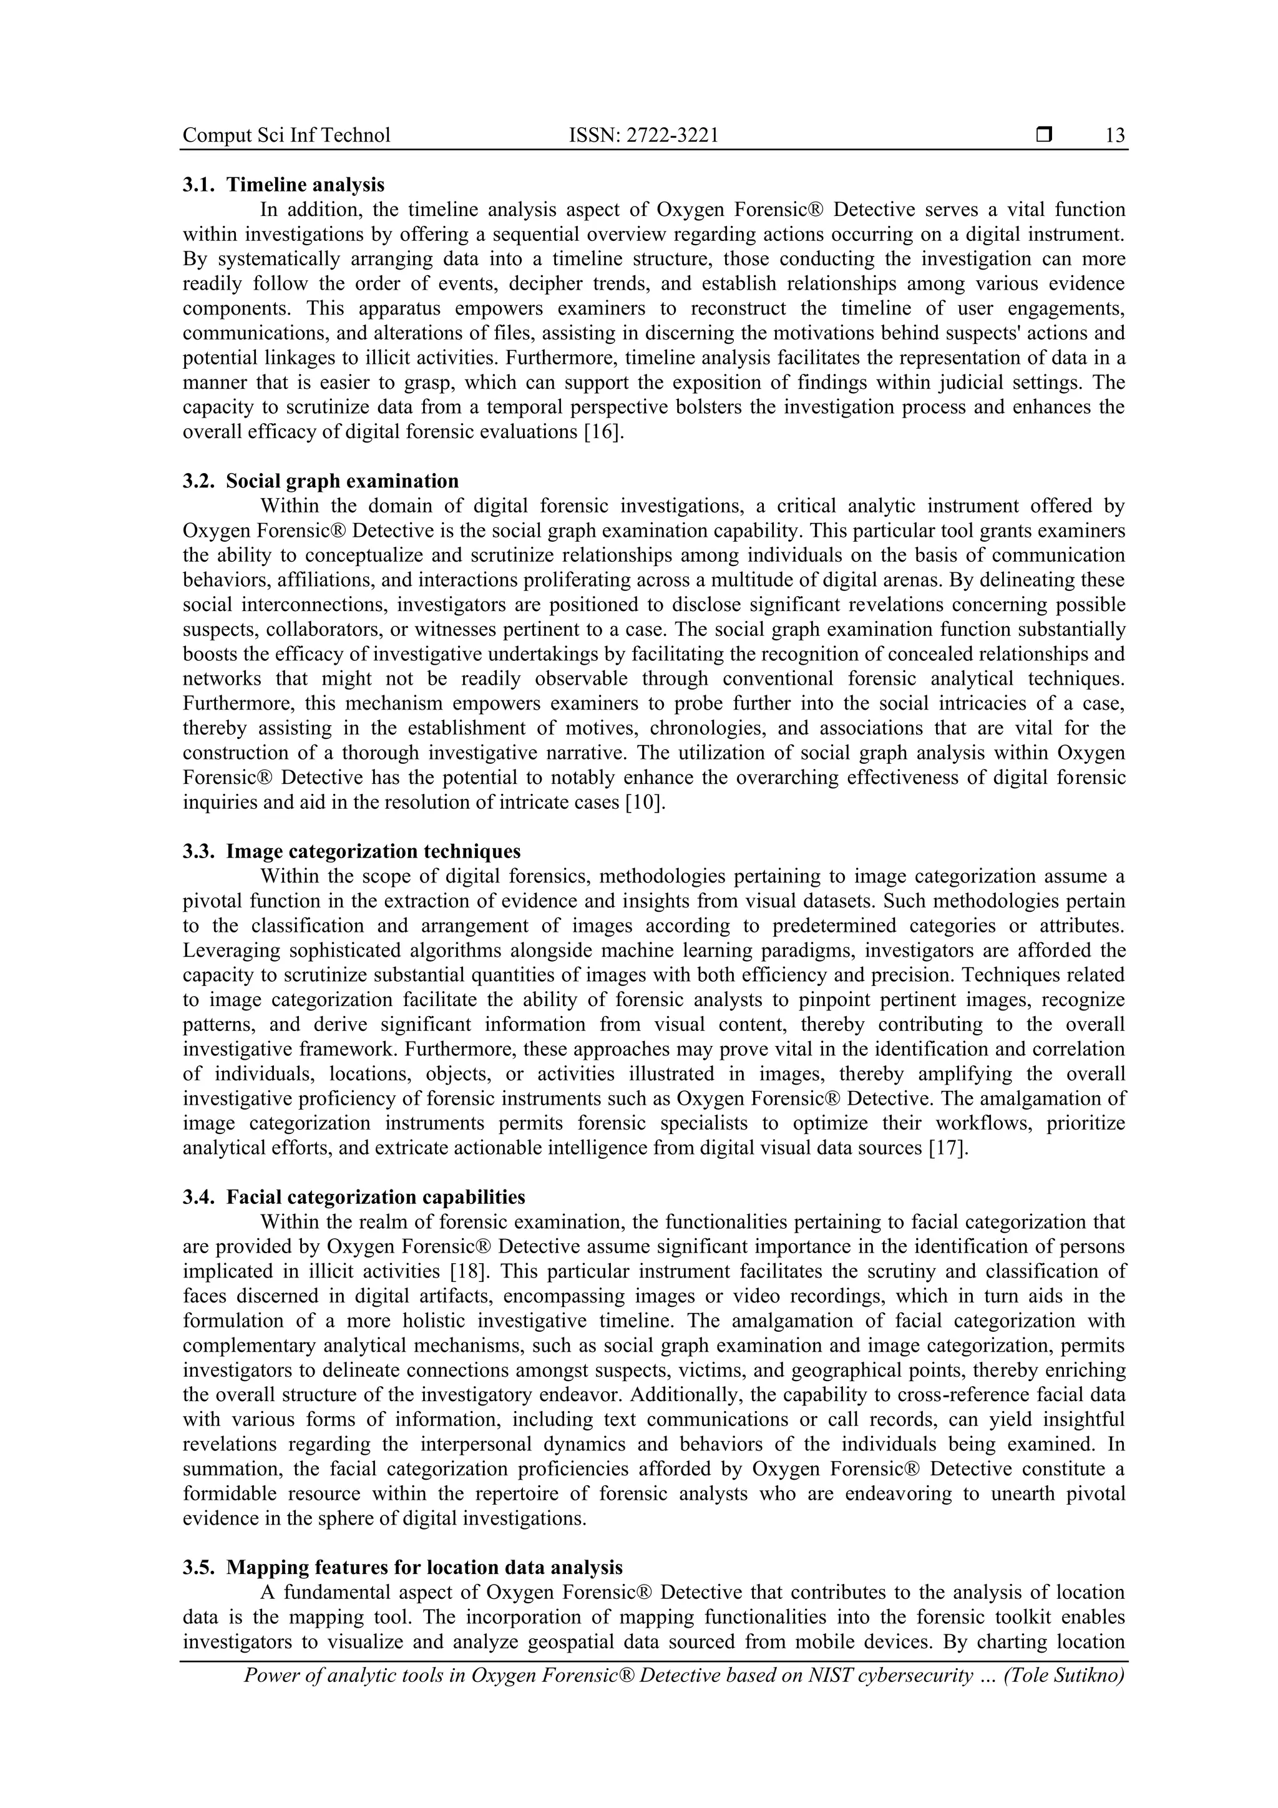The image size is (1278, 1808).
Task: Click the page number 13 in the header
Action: tap(1115, 135)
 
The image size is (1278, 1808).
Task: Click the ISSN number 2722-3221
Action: tap(643, 135)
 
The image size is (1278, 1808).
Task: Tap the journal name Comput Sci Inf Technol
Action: tap(286, 135)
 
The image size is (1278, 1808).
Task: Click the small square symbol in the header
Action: tap(1044, 135)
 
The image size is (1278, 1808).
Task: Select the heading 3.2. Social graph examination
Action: tap(321, 481)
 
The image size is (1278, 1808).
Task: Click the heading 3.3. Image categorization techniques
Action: tap(351, 851)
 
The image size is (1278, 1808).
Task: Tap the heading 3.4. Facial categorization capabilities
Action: tap(354, 1197)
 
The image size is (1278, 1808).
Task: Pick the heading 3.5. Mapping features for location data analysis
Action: tap(402, 1567)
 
